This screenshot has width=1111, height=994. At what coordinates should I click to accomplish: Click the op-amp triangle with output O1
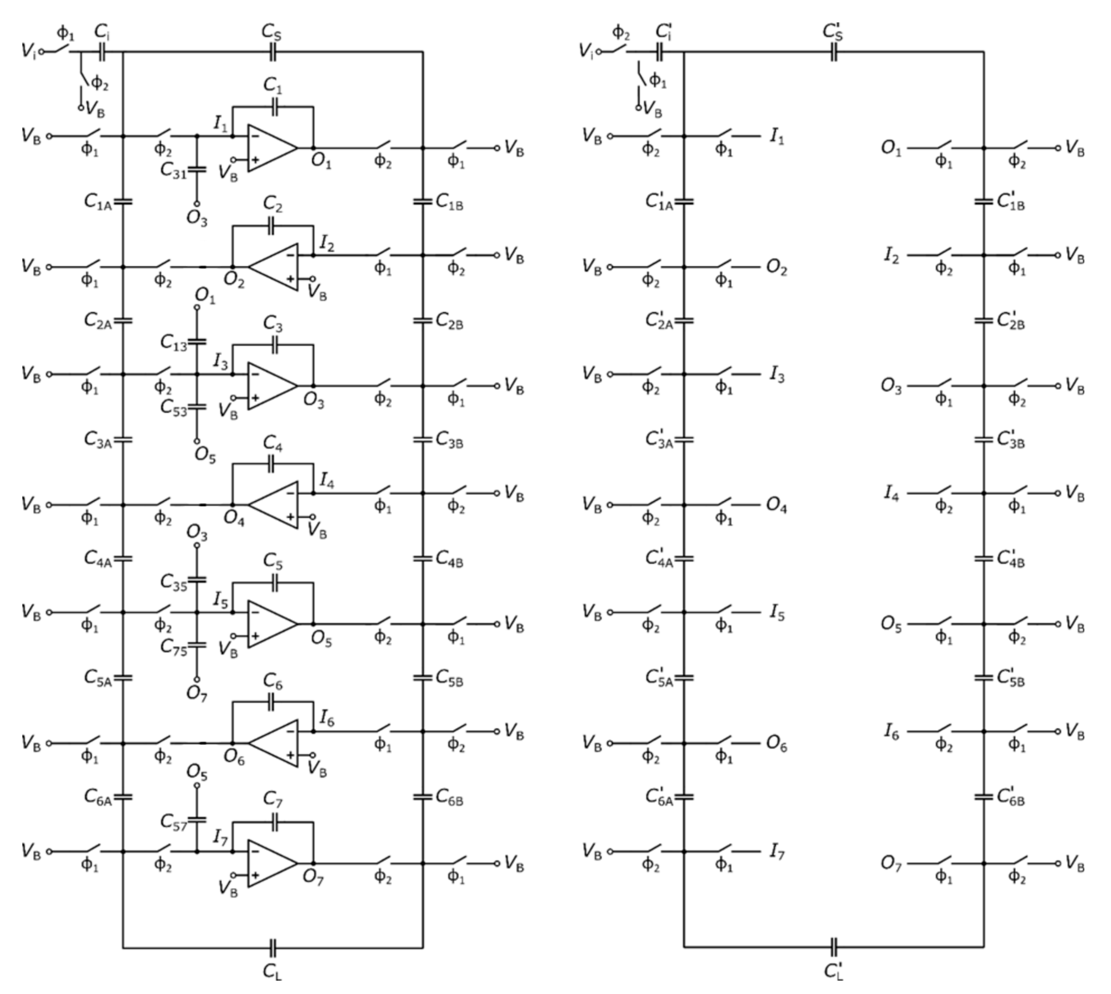(270, 148)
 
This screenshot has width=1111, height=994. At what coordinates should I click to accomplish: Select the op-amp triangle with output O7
(270, 863)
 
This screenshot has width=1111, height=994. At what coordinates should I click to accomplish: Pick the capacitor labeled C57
(197, 819)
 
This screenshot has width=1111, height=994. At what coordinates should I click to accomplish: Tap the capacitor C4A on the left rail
(123, 558)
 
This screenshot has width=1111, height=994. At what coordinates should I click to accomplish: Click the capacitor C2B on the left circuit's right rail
(422, 320)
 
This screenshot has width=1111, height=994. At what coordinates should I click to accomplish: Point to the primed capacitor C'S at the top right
(834, 52)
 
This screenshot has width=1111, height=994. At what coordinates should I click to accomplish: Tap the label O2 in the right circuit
(776, 268)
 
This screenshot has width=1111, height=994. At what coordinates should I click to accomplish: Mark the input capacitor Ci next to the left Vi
(102, 52)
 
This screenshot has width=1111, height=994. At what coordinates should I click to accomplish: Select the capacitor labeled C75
(197, 645)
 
